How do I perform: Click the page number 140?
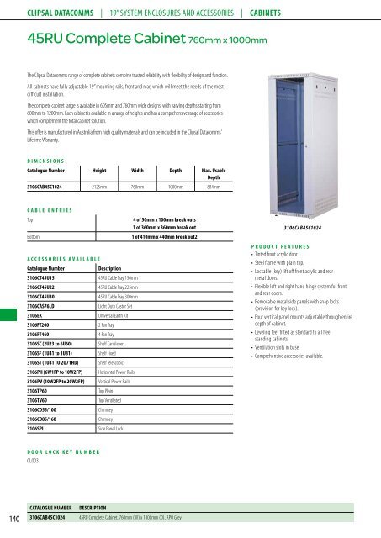point(11,519)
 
